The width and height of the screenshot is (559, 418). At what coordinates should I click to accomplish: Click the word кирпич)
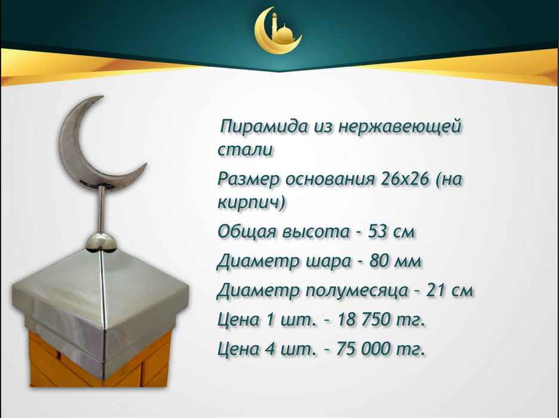tap(250, 202)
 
